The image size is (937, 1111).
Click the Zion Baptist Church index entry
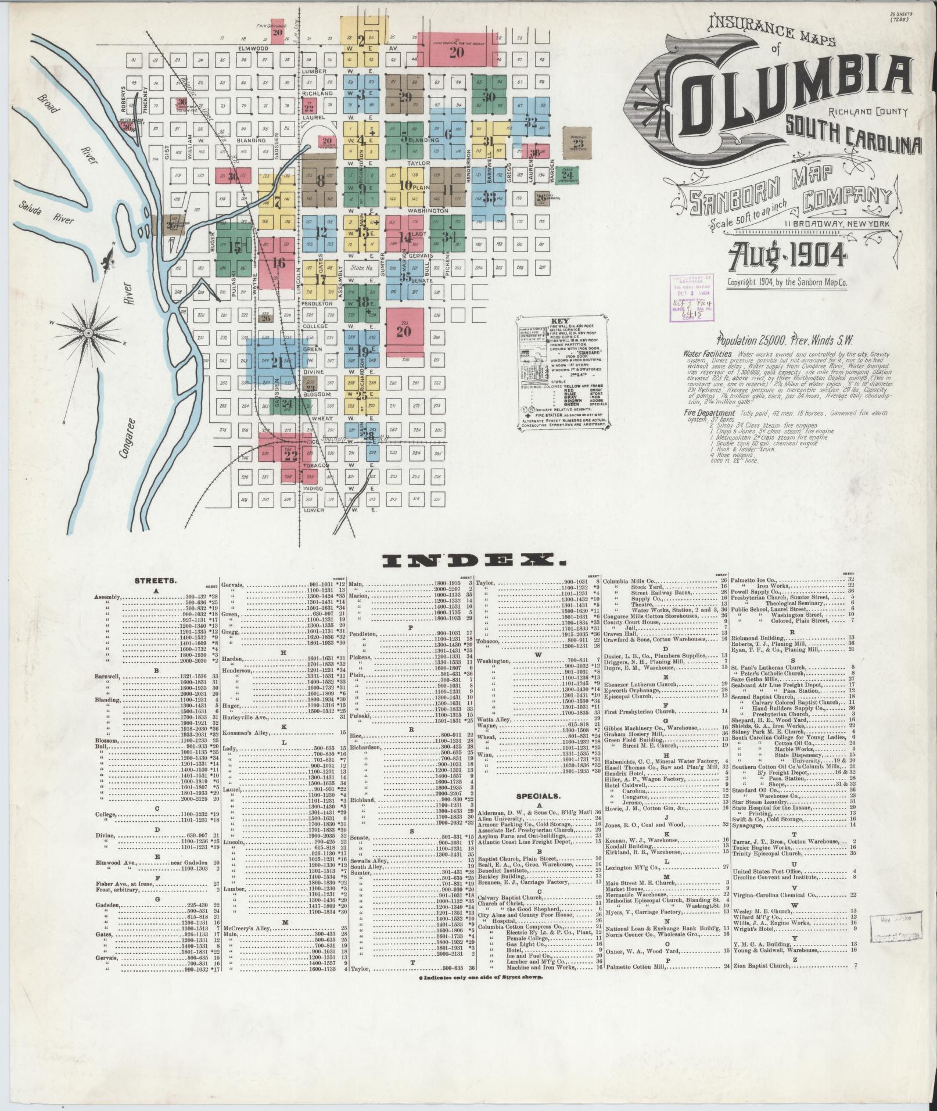click(x=756, y=966)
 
